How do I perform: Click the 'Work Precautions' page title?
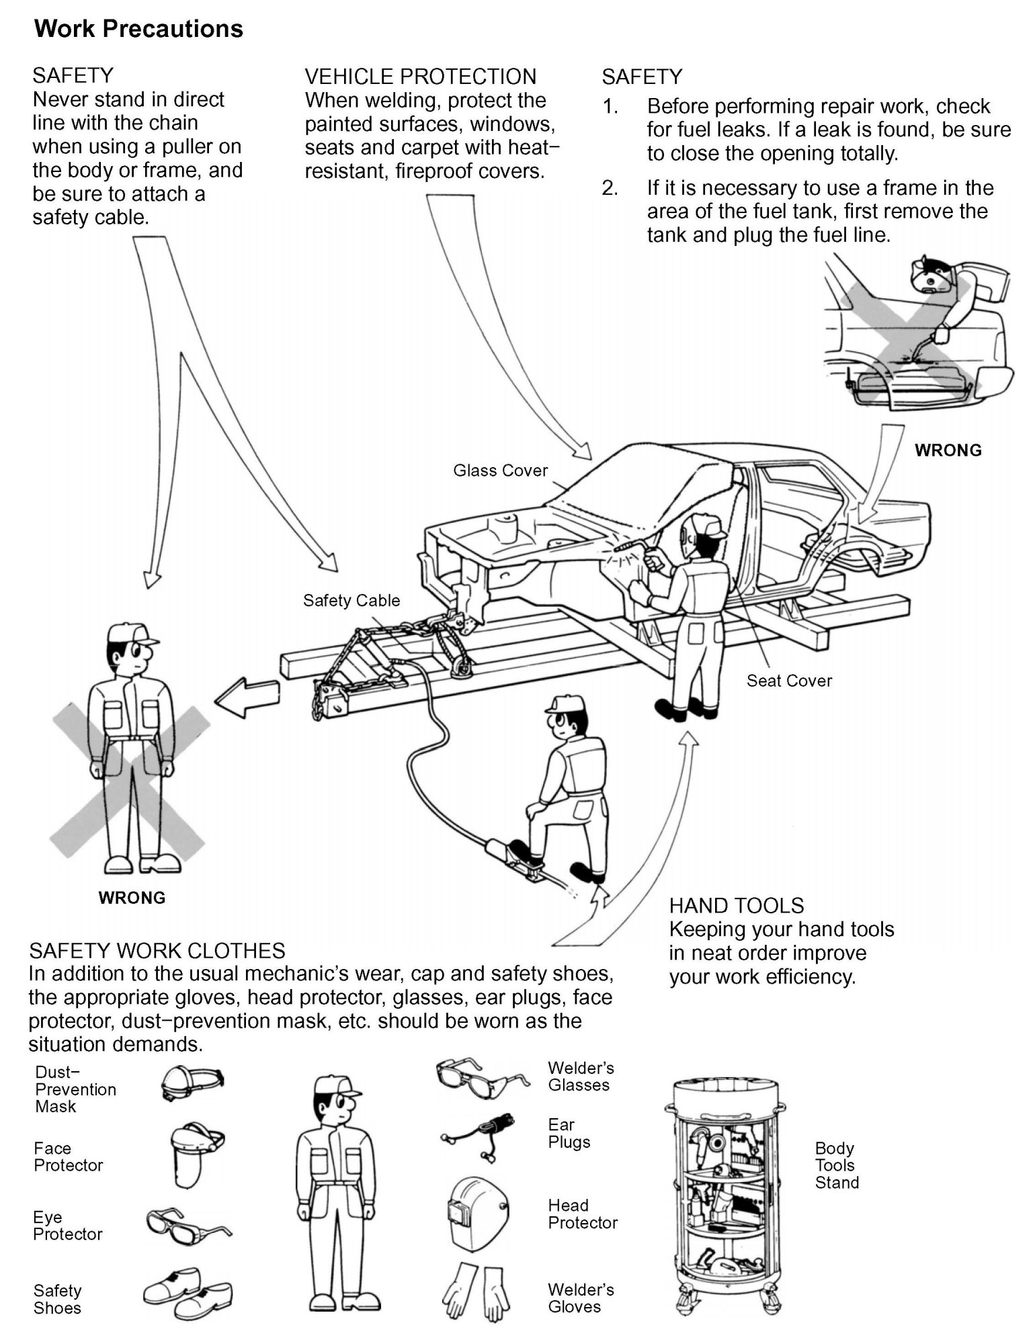138,29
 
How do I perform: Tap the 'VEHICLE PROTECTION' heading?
420,77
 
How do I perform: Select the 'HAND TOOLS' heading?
736,905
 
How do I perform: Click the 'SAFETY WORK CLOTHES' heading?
157,950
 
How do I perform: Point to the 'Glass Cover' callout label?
500,470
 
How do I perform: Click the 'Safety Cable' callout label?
351,600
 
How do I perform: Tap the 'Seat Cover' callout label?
788,681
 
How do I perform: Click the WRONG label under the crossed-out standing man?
132,898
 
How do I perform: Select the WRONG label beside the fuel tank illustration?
948,450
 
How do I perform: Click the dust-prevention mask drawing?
192,1083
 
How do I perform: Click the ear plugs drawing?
479,1137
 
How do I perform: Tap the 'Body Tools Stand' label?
836,1165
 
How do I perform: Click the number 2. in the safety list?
610,188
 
